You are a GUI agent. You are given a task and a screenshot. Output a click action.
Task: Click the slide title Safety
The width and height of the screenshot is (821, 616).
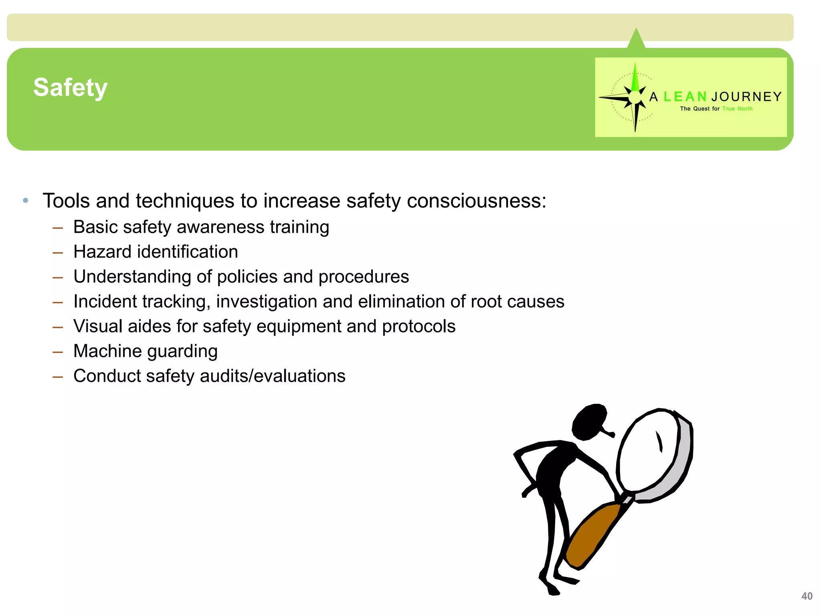coord(71,87)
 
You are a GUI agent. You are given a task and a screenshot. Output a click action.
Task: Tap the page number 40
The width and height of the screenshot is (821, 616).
coord(807,596)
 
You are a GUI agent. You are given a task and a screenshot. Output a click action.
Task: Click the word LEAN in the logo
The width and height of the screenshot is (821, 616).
coord(685,97)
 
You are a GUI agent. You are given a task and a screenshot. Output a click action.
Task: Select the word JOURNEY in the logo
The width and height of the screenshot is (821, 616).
coord(746,97)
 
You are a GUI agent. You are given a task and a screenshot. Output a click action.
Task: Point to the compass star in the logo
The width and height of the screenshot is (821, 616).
coord(635,97)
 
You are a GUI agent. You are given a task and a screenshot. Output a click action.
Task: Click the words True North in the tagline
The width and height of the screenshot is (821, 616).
coord(737,109)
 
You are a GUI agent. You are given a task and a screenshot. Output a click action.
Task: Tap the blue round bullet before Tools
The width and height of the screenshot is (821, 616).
coord(26,200)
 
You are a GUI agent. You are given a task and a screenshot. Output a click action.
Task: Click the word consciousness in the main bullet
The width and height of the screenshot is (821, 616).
coord(476,201)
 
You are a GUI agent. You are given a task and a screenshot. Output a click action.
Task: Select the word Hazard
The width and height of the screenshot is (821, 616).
coord(103,252)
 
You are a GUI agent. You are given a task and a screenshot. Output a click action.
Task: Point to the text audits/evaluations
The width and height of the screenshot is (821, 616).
coord(273,376)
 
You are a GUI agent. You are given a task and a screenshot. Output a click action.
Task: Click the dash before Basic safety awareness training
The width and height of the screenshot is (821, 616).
coord(58,228)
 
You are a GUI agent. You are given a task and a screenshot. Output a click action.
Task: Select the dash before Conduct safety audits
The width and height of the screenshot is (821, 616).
coord(58,377)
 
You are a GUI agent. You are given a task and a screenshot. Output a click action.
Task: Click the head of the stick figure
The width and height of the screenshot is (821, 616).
coord(589,421)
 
